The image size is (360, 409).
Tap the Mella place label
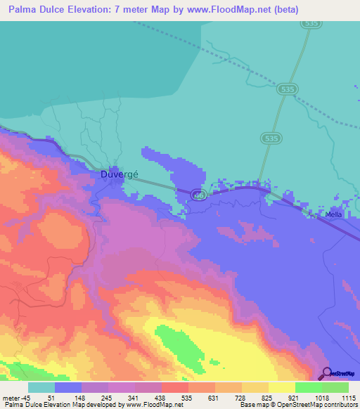[x=334, y=214]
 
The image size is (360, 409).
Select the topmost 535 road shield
[x=311, y=23]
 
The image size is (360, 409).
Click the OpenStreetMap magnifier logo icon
[x=327, y=373]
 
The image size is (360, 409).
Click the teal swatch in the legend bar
[x=41, y=387]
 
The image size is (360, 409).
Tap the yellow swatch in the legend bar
[x=281, y=387]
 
